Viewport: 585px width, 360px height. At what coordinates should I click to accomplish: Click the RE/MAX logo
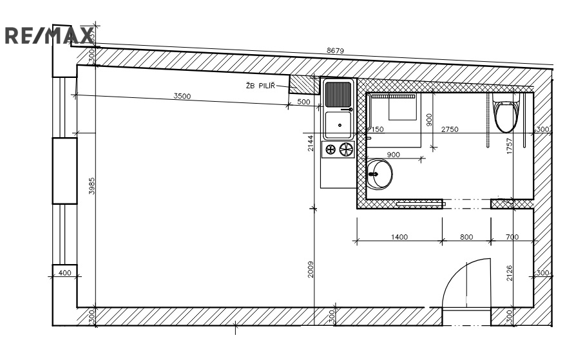[49, 36]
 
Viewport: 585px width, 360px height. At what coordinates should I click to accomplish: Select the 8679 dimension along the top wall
[335, 50]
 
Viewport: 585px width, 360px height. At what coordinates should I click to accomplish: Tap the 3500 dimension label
[182, 96]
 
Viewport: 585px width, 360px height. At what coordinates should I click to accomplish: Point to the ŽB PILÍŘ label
[260, 86]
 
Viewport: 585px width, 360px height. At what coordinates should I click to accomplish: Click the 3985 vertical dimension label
[91, 185]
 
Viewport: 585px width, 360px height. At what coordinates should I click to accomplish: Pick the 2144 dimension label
[311, 143]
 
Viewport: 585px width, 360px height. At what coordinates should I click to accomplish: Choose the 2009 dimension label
[311, 269]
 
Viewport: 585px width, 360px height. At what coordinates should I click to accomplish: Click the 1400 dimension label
[399, 237]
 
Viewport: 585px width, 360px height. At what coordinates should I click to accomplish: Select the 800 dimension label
[466, 237]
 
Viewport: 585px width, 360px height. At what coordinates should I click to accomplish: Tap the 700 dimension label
[512, 237]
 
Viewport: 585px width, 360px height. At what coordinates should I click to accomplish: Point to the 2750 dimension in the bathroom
[450, 129]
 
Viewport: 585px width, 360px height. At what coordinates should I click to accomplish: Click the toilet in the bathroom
[506, 113]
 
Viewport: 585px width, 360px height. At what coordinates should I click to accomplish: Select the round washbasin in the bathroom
[379, 174]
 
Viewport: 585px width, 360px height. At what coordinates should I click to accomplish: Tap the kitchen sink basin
[338, 125]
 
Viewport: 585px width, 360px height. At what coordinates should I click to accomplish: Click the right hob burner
[346, 149]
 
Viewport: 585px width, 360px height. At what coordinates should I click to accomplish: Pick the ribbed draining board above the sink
[338, 95]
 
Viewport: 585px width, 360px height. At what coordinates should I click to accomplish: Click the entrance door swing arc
[466, 283]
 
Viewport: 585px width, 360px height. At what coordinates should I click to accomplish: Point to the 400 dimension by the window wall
[65, 272]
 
